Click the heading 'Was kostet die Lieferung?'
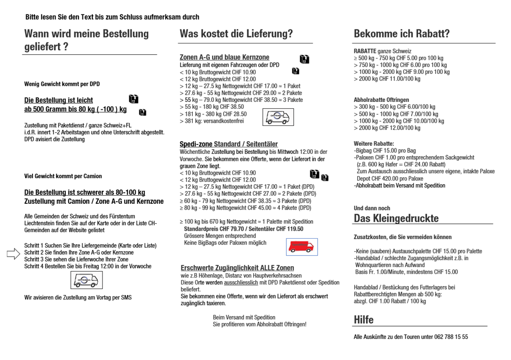pyautogui.click(x=236, y=34)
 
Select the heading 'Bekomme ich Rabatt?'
pyautogui.click(x=401, y=34)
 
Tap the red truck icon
pyautogui.click(x=302, y=247)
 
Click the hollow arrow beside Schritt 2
pyautogui.click(x=13, y=254)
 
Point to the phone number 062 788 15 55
pyautogui.click(x=449, y=337)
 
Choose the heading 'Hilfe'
pyautogui.click(x=363, y=320)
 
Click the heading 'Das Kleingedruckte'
pyautogui.click(x=396, y=218)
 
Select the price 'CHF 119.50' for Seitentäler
pyautogui.click(x=290, y=229)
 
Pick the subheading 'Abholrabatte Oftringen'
pyautogui.click(x=381, y=100)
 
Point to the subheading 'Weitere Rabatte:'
pyautogui.click(x=374, y=144)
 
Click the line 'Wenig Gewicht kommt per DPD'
pyautogui.click(x=62, y=84)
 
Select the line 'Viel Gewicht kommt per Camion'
pyautogui.click(x=63, y=176)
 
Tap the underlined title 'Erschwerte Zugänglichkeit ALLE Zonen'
pyautogui.click(x=237, y=268)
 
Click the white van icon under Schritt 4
pyautogui.click(x=86, y=280)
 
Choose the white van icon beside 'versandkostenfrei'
pyautogui.click(x=278, y=117)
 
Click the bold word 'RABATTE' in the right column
pyautogui.click(x=365, y=51)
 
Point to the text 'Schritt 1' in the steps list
pyautogui.click(x=35, y=246)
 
